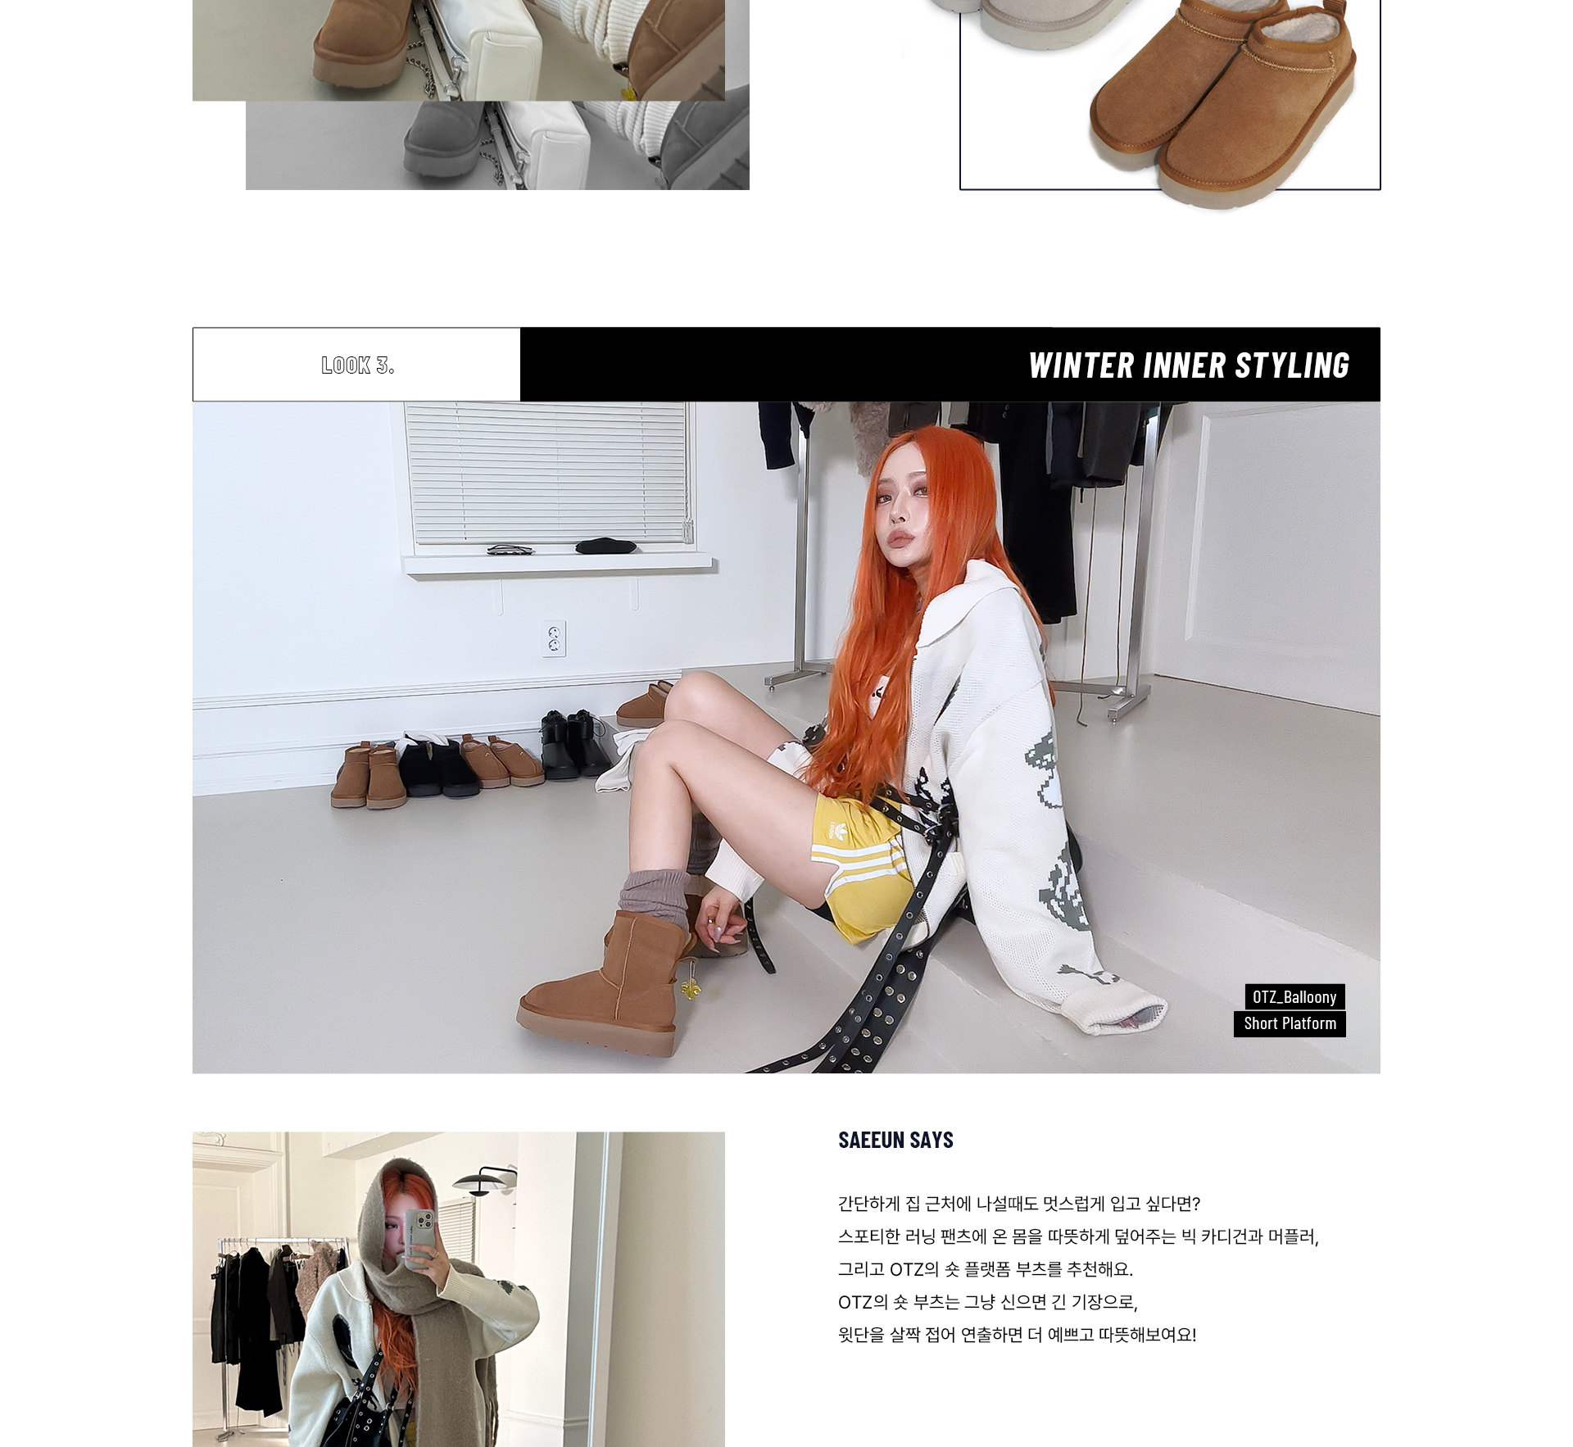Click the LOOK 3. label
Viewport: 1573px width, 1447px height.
click(x=358, y=365)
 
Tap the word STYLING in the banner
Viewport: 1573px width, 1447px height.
click(x=1292, y=365)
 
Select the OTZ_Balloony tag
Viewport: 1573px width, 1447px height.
click(x=1294, y=997)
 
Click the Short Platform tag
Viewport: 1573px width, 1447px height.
click(x=1290, y=1023)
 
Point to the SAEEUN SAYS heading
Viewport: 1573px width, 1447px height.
click(x=895, y=1140)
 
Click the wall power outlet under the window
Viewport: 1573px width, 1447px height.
click(x=554, y=638)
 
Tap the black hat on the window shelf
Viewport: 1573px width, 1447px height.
click(x=605, y=545)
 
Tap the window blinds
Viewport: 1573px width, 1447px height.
click(x=547, y=473)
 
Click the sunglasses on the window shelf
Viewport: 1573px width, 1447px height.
click(x=514, y=549)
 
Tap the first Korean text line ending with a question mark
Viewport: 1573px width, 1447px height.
click(x=1019, y=1204)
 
